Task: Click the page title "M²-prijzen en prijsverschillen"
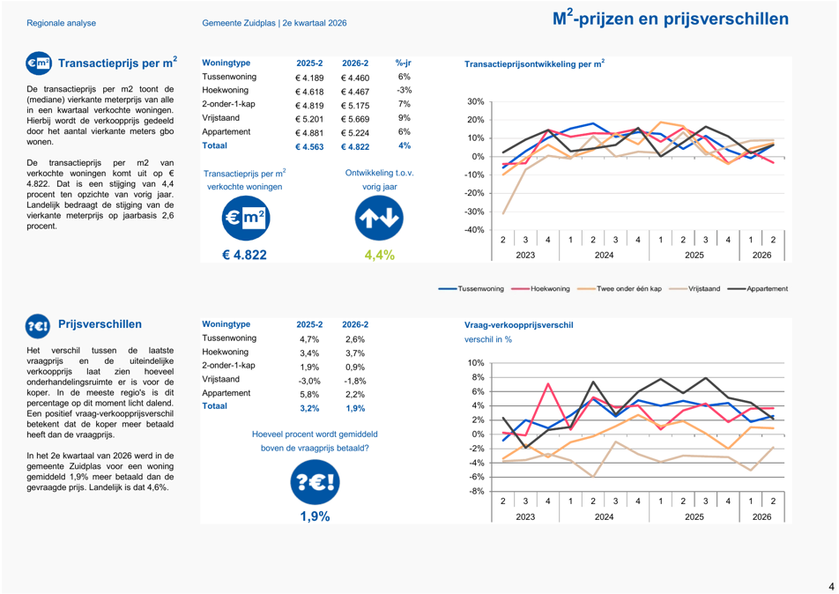pos(671,19)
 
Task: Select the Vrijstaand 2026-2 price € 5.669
pos(355,119)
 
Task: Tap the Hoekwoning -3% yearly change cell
pos(404,91)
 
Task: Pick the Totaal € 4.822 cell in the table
pos(355,146)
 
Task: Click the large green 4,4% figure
pos(379,255)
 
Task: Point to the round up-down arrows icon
pos(379,219)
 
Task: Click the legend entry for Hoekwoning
pos(541,288)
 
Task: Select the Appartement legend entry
pos(758,288)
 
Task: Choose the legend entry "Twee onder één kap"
pos(620,288)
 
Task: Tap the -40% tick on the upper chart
pos(475,230)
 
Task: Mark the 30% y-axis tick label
pos(476,101)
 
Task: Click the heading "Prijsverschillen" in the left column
pos(100,324)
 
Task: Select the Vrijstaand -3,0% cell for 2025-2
pos(309,381)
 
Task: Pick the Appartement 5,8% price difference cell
pos(309,395)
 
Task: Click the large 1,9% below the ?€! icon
pos(315,516)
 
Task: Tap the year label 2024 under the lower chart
pos(604,517)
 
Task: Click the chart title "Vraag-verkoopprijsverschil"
pos(518,325)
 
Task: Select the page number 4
pos(831,586)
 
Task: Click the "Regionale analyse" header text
pos(62,23)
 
